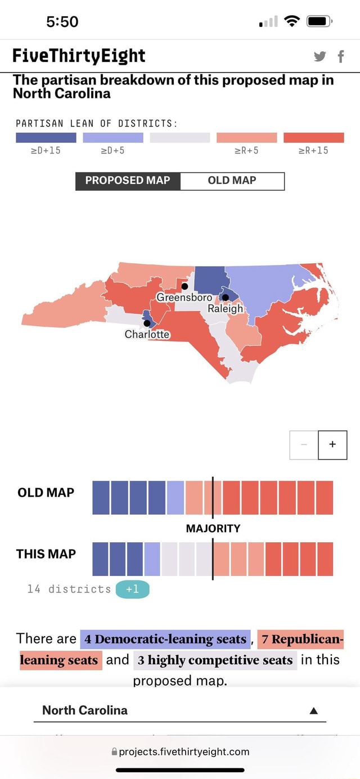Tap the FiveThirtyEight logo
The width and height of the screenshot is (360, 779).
[79, 56]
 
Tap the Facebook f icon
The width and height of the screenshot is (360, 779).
[341, 56]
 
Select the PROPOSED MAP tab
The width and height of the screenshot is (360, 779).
[128, 181]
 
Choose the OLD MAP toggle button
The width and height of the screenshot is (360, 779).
[232, 181]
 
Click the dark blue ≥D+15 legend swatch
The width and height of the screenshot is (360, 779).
[46, 138]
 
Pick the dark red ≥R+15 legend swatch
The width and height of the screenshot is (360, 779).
[314, 138]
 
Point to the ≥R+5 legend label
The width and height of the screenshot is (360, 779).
[246, 151]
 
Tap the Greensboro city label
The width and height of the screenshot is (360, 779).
[184, 297]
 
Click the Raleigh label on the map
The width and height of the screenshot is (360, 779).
[225, 308]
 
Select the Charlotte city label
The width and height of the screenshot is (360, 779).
[147, 334]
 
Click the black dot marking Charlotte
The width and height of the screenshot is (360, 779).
[147, 323]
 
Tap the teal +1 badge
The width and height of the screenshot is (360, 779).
[132, 589]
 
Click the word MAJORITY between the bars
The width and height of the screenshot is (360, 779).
[213, 528]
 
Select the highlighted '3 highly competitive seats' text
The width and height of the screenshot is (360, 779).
[215, 660]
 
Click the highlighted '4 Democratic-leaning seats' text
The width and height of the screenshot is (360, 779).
[165, 639]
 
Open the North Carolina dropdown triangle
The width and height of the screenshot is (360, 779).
[314, 710]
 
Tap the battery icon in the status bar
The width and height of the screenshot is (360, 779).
[318, 22]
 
